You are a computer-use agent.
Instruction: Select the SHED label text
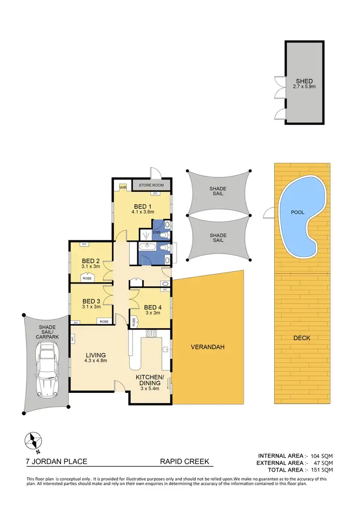tap(304, 81)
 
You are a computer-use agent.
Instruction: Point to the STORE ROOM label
tap(151, 185)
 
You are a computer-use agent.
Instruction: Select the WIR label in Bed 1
tap(123, 187)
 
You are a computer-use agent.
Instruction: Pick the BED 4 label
tap(153, 308)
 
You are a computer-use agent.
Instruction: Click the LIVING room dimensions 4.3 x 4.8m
tap(95, 360)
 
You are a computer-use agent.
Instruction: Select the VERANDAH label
tap(208, 347)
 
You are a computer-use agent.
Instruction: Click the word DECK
tap(302, 338)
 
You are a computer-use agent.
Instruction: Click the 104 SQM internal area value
tap(322, 455)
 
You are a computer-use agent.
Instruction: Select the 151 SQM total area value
tap(322, 470)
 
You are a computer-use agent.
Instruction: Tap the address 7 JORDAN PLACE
tap(57, 462)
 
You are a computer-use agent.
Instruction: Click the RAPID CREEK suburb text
tap(184, 462)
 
